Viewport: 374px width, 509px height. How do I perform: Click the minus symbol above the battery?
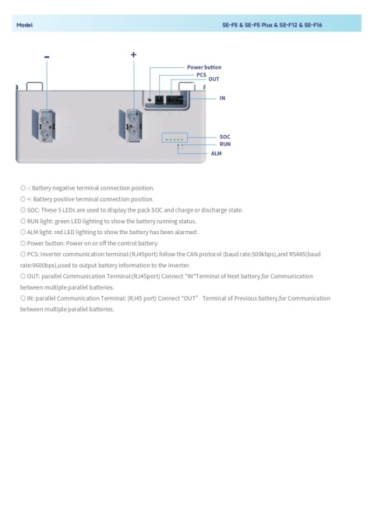tap(47, 56)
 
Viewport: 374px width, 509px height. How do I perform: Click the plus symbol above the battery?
tap(133, 55)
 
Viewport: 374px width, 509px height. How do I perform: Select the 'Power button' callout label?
tap(203, 67)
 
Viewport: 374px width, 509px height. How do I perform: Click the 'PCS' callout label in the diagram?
tap(201, 73)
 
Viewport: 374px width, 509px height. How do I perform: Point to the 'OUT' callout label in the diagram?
tap(213, 80)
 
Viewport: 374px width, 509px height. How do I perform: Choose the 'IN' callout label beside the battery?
tap(222, 98)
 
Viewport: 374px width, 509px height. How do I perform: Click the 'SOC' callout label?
tap(224, 137)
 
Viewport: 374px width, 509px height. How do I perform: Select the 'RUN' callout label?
tap(224, 144)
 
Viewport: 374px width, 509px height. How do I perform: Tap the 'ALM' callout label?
tap(217, 153)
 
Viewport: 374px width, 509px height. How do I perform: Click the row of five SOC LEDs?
tap(175, 138)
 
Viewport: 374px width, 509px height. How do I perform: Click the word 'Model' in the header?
tap(24, 25)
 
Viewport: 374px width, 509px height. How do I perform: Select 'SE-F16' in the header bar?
tap(311, 25)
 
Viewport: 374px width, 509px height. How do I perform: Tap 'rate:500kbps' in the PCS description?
tap(242, 254)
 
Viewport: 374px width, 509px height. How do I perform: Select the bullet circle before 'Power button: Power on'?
tap(23, 243)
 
